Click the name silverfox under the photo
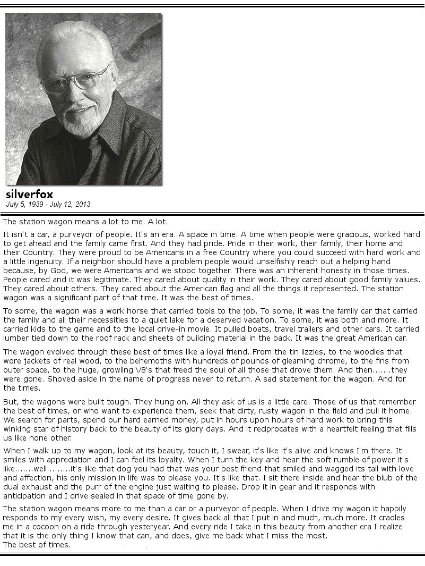[29, 195]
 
